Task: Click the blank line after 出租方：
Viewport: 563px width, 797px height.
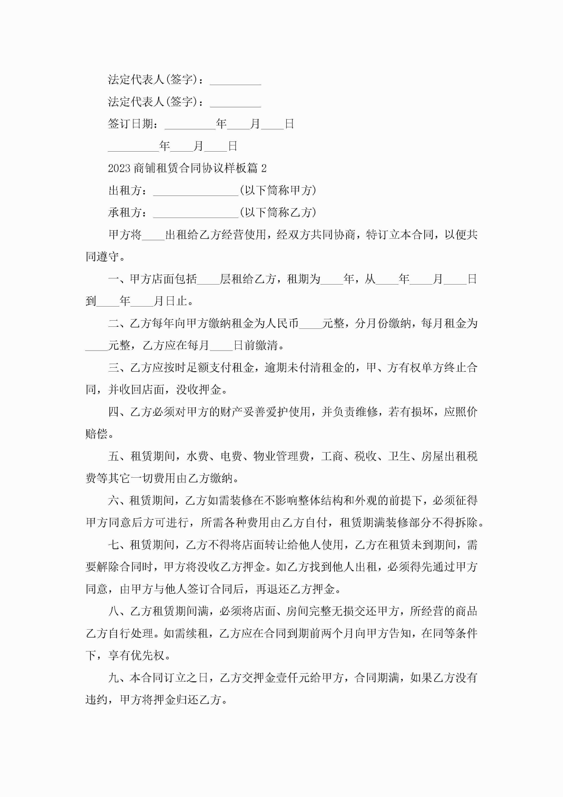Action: [196, 192]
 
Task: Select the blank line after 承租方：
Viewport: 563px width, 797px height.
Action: [196, 214]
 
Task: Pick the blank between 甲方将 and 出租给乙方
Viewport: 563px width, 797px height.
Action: [153, 236]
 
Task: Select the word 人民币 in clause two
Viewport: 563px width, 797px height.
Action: [282, 324]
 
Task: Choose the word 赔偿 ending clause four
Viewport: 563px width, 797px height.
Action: [96, 434]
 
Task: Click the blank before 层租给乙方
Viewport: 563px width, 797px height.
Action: [208, 281]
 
